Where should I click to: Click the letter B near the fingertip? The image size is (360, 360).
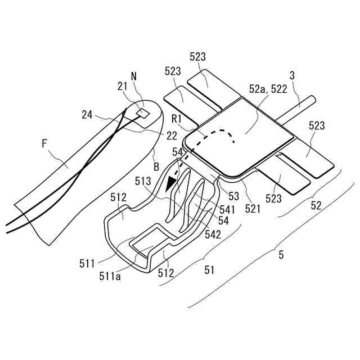click(156, 166)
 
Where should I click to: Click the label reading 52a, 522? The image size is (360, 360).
click(267, 88)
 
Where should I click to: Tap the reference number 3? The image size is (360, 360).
click(292, 75)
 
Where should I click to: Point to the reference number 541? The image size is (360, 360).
click(222, 209)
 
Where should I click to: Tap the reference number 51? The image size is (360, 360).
click(209, 271)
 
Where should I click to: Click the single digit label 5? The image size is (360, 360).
click(281, 255)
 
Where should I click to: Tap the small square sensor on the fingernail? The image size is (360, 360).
click(143, 112)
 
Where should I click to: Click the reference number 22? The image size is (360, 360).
click(172, 136)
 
